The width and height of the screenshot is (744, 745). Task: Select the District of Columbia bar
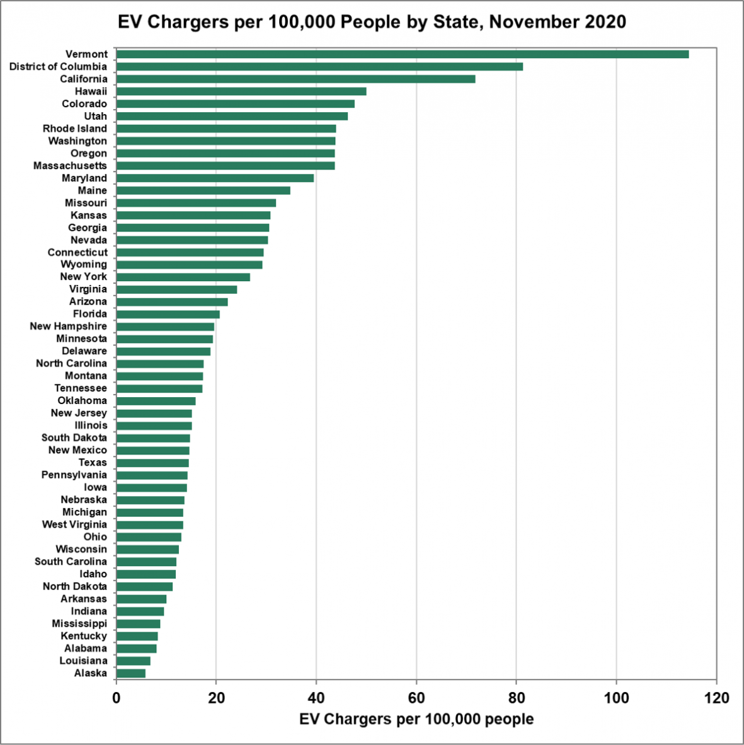coord(319,67)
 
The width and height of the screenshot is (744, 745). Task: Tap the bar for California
coord(295,79)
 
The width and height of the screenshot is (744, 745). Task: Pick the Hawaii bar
coord(241,91)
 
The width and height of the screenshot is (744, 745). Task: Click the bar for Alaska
coord(131,673)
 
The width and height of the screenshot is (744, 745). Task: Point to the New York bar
coord(183,277)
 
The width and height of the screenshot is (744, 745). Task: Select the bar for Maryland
coord(215,178)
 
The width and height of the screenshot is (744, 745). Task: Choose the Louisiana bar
coord(134,661)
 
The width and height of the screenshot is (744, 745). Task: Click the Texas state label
coord(93,463)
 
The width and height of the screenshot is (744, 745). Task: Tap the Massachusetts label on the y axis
coord(70,166)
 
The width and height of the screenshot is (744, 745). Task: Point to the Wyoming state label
coord(84,265)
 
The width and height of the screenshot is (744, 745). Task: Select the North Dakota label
coord(75,586)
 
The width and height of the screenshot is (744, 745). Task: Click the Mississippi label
coord(79,623)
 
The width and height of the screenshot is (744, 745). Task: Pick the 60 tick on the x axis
coord(416,698)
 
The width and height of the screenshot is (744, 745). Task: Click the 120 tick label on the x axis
coord(716,698)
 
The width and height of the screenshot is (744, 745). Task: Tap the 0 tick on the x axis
coord(117,698)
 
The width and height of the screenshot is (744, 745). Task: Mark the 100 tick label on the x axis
coord(616,698)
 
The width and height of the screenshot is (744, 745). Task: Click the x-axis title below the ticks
coord(416,719)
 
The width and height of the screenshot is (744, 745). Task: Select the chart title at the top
coord(372,22)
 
